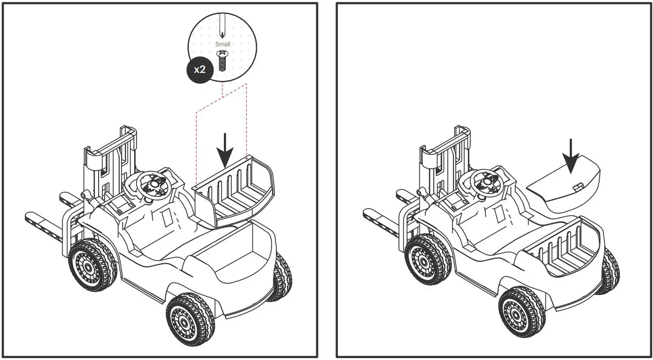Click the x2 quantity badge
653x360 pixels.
point(200,70)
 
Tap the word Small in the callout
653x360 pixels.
point(222,44)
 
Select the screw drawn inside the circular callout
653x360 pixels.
point(223,60)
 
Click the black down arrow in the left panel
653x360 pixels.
point(225,150)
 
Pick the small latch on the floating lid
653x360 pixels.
point(578,187)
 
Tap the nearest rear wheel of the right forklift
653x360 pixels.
point(522,313)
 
